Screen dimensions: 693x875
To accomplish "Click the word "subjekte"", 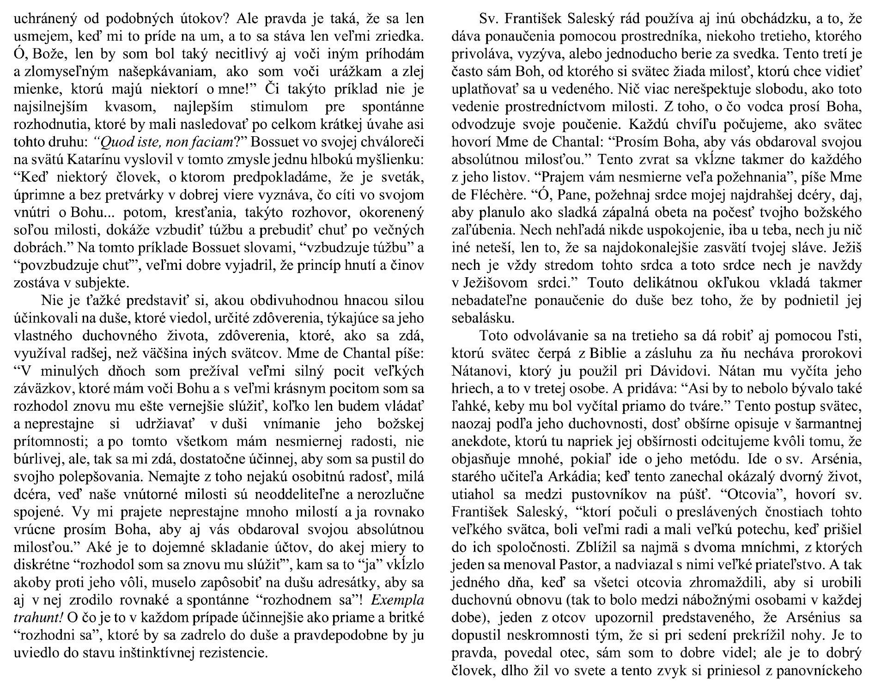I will [x=108, y=282].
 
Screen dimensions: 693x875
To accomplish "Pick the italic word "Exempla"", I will [x=397, y=601].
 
